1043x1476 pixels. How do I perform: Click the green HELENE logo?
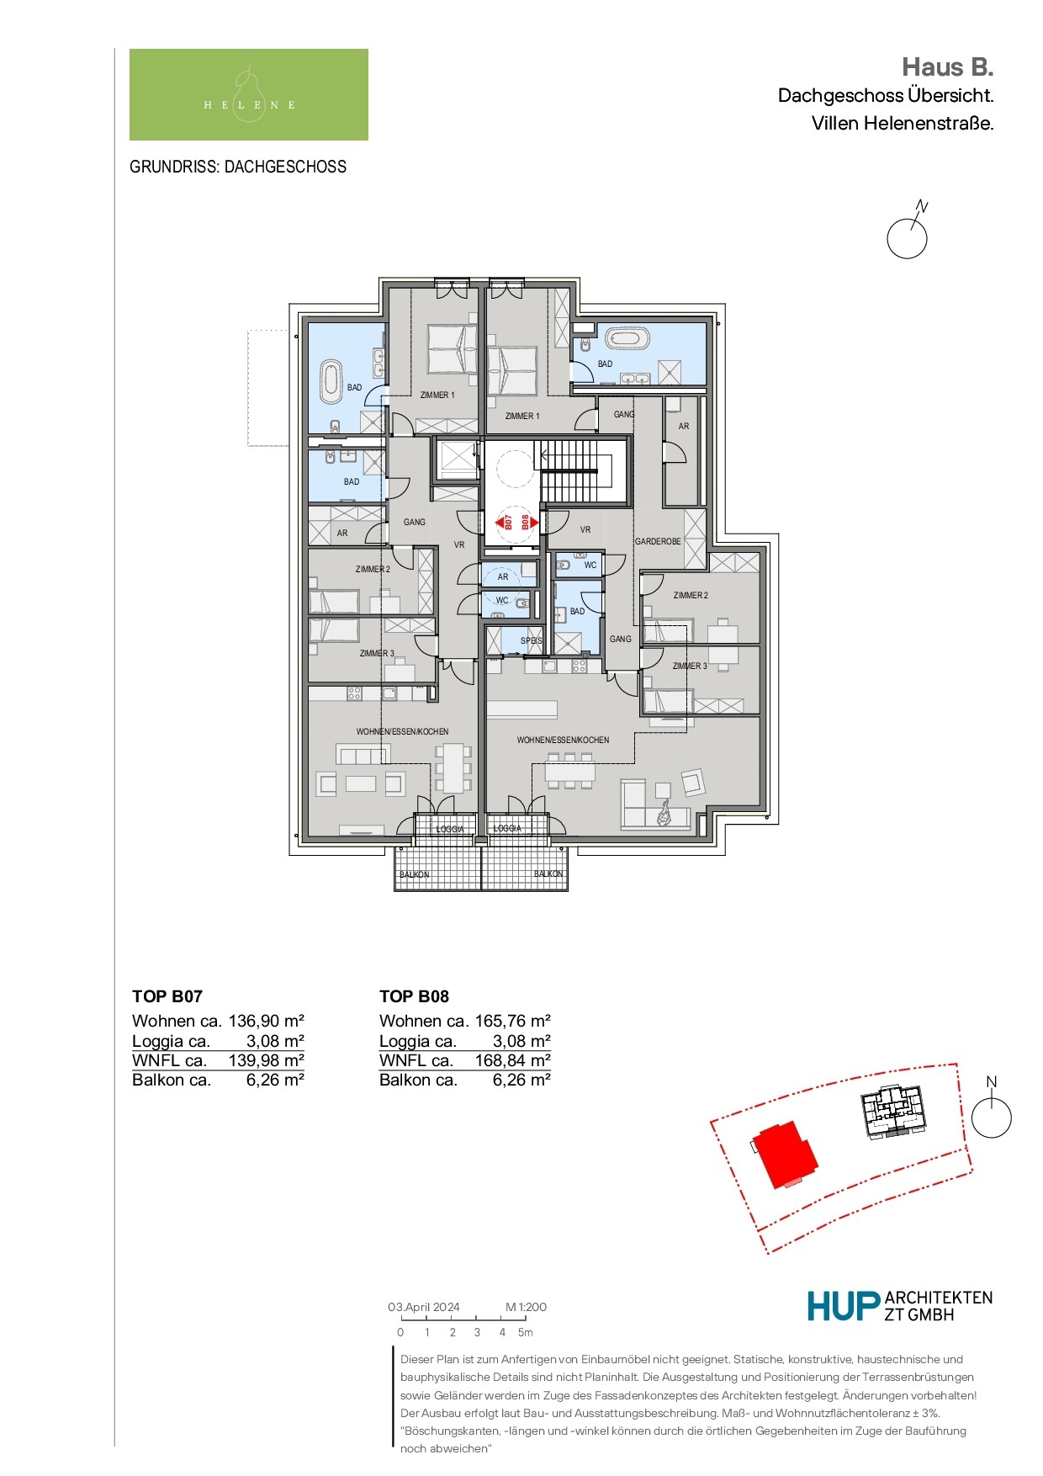[x=249, y=94]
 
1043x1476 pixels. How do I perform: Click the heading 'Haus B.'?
[x=948, y=66]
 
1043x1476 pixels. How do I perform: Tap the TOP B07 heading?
[x=167, y=996]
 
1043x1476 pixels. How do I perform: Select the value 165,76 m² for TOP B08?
[x=513, y=1021]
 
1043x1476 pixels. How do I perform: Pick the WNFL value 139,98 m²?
[x=267, y=1060]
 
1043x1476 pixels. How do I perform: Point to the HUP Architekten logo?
[x=900, y=1306]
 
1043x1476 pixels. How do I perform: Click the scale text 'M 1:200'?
[x=527, y=1307]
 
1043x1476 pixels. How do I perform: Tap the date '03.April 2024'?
[x=424, y=1307]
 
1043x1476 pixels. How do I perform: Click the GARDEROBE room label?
[x=658, y=541]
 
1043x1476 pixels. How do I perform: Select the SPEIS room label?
[x=531, y=640]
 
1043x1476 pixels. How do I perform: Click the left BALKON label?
[x=414, y=874]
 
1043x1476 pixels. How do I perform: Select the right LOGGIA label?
[x=507, y=828]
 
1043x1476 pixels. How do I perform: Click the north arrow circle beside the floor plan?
[x=908, y=239]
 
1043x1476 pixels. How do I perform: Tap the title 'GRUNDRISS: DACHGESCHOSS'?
[x=238, y=167]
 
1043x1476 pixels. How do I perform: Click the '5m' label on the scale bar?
[x=525, y=1332]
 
